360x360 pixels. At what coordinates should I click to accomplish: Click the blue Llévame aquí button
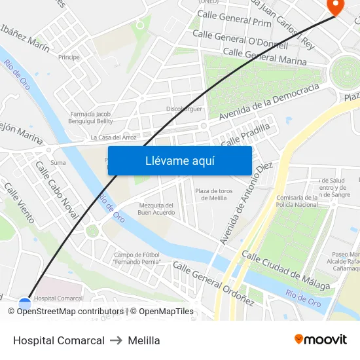coord(180,160)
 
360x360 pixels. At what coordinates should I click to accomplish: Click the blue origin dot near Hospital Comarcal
coord(25,304)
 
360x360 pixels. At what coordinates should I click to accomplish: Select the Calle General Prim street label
coord(234,18)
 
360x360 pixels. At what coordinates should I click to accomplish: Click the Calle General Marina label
coord(264,57)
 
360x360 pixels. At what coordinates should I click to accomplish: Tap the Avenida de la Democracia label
coord(269,101)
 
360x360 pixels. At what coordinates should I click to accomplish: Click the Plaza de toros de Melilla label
coord(214,194)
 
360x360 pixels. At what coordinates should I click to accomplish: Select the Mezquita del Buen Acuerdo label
coord(156,209)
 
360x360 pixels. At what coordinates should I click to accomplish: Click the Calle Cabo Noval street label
coord(56,190)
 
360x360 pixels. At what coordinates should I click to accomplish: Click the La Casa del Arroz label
coord(113,137)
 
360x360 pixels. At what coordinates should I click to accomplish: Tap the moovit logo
coord(321,340)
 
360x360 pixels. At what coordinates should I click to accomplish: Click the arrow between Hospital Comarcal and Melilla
coord(117,340)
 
